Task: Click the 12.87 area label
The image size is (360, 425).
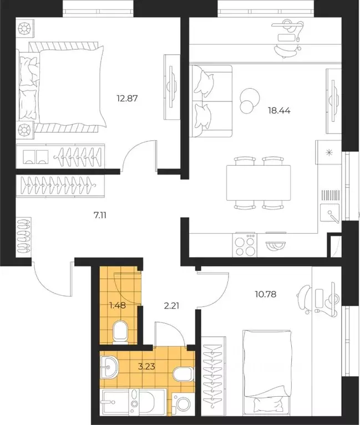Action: (x=127, y=98)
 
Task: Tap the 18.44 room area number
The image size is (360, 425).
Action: (x=279, y=111)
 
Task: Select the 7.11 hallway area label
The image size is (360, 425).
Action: (x=100, y=216)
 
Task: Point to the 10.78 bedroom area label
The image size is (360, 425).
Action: (x=266, y=294)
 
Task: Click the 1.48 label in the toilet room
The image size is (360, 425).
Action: (x=118, y=305)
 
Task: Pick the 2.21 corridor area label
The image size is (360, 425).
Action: (x=172, y=306)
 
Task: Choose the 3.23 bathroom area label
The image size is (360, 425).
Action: (x=146, y=367)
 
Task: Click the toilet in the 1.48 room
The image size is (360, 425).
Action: (x=120, y=332)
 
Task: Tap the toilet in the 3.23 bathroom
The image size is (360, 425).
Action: (x=184, y=375)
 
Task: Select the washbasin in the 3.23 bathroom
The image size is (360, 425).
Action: (x=109, y=367)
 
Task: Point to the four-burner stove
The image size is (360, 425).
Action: (x=245, y=245)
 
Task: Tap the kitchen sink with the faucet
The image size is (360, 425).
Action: (x=330, y=214)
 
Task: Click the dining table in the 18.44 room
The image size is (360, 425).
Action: (x=258, y=183)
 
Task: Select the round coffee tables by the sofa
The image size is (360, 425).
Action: (x=249, y=101)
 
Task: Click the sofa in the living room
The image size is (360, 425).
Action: (x=211, y=101)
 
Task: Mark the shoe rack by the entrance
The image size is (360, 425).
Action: (x=24, y=235)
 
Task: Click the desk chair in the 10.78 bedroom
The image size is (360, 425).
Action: (x=305, y=299)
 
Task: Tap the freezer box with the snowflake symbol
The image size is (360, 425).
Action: (x=329, y=152)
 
